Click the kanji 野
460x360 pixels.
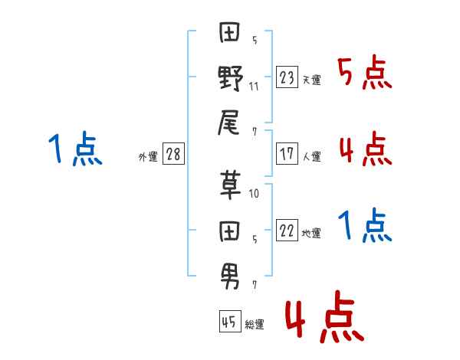coord(231,77)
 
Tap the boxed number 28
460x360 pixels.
coord(173,155)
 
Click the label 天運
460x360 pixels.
coord(311,80)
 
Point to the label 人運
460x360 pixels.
coord(311,156)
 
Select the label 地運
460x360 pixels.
coord(311,234)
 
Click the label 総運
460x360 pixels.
coord(255,325)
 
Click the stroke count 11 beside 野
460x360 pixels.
coord(254,87)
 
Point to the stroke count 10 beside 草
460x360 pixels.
coord(254,194)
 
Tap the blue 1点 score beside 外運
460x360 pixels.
coord(75,149)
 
